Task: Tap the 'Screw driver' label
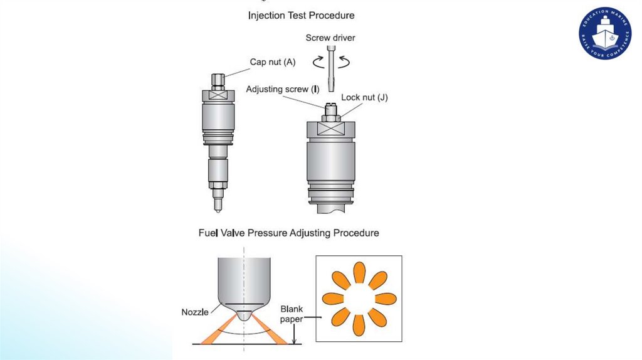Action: click(x=330, y=38)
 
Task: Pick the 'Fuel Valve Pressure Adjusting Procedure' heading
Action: click(x=288, y=233)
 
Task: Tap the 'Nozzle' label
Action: click(x=194, y=312)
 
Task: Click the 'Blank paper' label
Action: click(x=292, y=314)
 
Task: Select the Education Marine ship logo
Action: click(x=605, y=34)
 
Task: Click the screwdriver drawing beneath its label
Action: click(x=330, y=69)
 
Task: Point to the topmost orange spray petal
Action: click(x=359, y=272)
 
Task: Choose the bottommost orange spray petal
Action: click(x=359, y=324)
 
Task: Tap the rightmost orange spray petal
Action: click(x=385, y=298)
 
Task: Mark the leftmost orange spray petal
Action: click(x=333, y=298)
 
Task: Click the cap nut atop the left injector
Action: click(x=218, y=80)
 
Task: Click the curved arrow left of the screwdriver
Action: click(x=317, y=61)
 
